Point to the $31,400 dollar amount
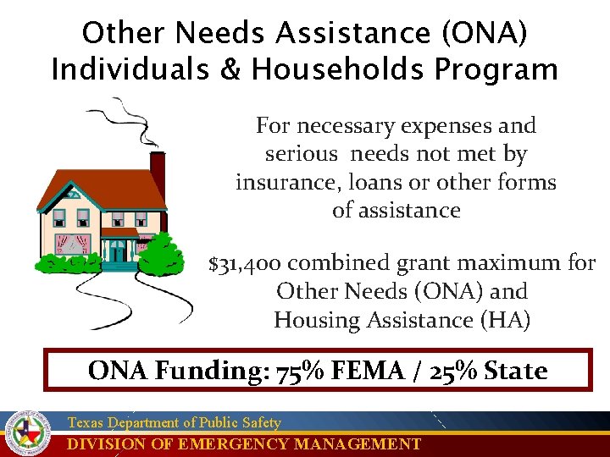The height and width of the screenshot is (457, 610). [x=246, y=263]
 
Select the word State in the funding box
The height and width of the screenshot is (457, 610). [x=516, y=371]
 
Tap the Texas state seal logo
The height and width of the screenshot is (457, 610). [x=28, y=433]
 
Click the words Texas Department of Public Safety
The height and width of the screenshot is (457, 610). [x=174, y=422]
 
